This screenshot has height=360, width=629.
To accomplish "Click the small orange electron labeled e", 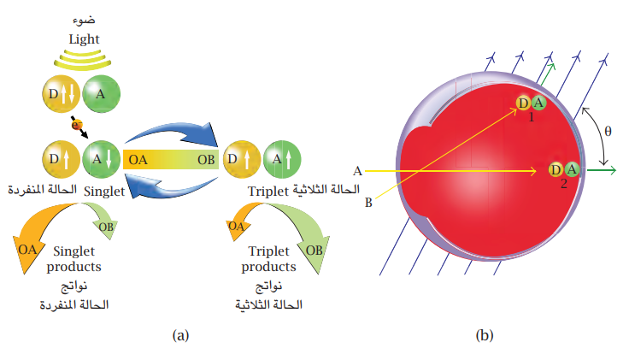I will click(x=75, y=125).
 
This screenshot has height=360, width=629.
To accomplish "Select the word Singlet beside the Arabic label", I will click(x=105, y=192).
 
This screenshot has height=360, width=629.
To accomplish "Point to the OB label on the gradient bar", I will click(x=206, y=159).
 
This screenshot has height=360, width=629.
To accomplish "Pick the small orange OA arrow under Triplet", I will click(x=236, y=227).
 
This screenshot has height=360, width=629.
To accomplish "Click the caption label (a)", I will click(x=180, y=335).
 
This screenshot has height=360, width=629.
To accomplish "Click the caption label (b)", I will click(x=484, y=335).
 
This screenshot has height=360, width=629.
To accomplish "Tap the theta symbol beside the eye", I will click(x=608, y=132).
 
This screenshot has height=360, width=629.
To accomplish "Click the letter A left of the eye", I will click(x=357, y=170).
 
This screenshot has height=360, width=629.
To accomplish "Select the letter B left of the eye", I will click(x=369, y=203).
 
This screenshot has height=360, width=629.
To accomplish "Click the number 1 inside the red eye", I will click(x=531, y=116).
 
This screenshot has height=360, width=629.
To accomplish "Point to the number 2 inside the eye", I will click(x=563, y=183).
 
